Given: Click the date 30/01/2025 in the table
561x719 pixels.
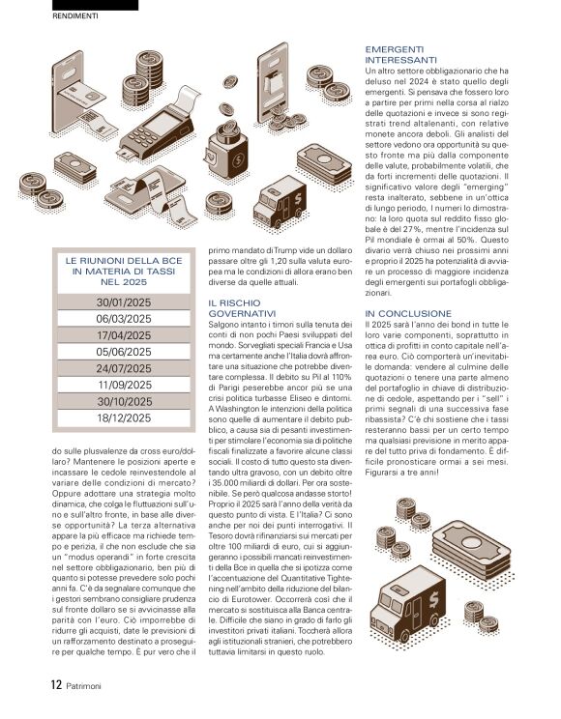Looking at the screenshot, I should (123, 302).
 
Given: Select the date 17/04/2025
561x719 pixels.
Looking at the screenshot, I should (123, 335).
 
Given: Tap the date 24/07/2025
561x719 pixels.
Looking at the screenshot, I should (123, 368).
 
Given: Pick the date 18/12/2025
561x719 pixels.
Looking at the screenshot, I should (123, 417).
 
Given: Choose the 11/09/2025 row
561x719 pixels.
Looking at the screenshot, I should (123, 385).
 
